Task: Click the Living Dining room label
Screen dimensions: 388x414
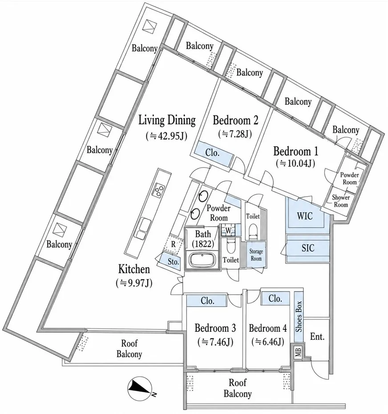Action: point(167,120)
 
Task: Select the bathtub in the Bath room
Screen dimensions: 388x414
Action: point(202,260)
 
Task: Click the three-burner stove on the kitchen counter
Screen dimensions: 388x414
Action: point(158,190)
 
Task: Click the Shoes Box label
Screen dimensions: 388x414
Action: point(298,316)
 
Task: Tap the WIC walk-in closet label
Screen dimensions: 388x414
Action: point(305,216)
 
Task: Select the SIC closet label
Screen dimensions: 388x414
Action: point(308,248)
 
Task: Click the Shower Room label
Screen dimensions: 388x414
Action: point(341,201)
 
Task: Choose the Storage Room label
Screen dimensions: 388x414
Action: point(256,255)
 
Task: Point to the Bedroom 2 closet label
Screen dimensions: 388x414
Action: point(212,153)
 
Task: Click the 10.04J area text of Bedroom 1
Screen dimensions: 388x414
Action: point(295,163)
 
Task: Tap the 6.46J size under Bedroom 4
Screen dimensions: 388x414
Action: point(268,342)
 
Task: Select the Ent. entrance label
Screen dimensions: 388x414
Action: point(317,337)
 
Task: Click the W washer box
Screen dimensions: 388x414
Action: point(228,231)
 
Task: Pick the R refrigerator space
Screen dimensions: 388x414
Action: point(173,244)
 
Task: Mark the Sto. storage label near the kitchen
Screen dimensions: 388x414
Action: point(173,262)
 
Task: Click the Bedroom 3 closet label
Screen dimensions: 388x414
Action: point(207,301)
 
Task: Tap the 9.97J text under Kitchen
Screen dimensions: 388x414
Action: point(134,283)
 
